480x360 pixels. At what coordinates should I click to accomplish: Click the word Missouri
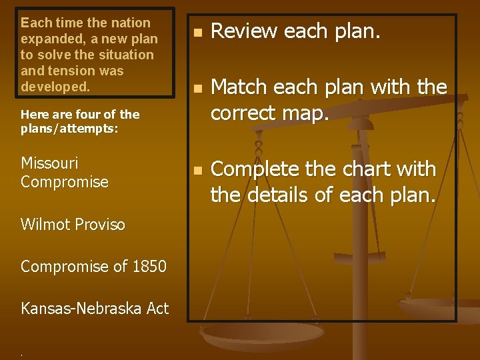point(49,163)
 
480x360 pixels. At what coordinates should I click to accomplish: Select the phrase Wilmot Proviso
point(73,225)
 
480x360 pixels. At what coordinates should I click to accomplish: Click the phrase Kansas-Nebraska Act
point(95,308)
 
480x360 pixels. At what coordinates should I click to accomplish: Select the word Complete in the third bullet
point(257,169)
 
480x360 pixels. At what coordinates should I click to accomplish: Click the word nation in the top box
point(130,23)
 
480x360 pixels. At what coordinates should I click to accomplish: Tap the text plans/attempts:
point(69,129)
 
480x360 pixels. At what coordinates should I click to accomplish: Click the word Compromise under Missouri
point(64,181)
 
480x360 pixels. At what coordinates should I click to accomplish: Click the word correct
point(249,113)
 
